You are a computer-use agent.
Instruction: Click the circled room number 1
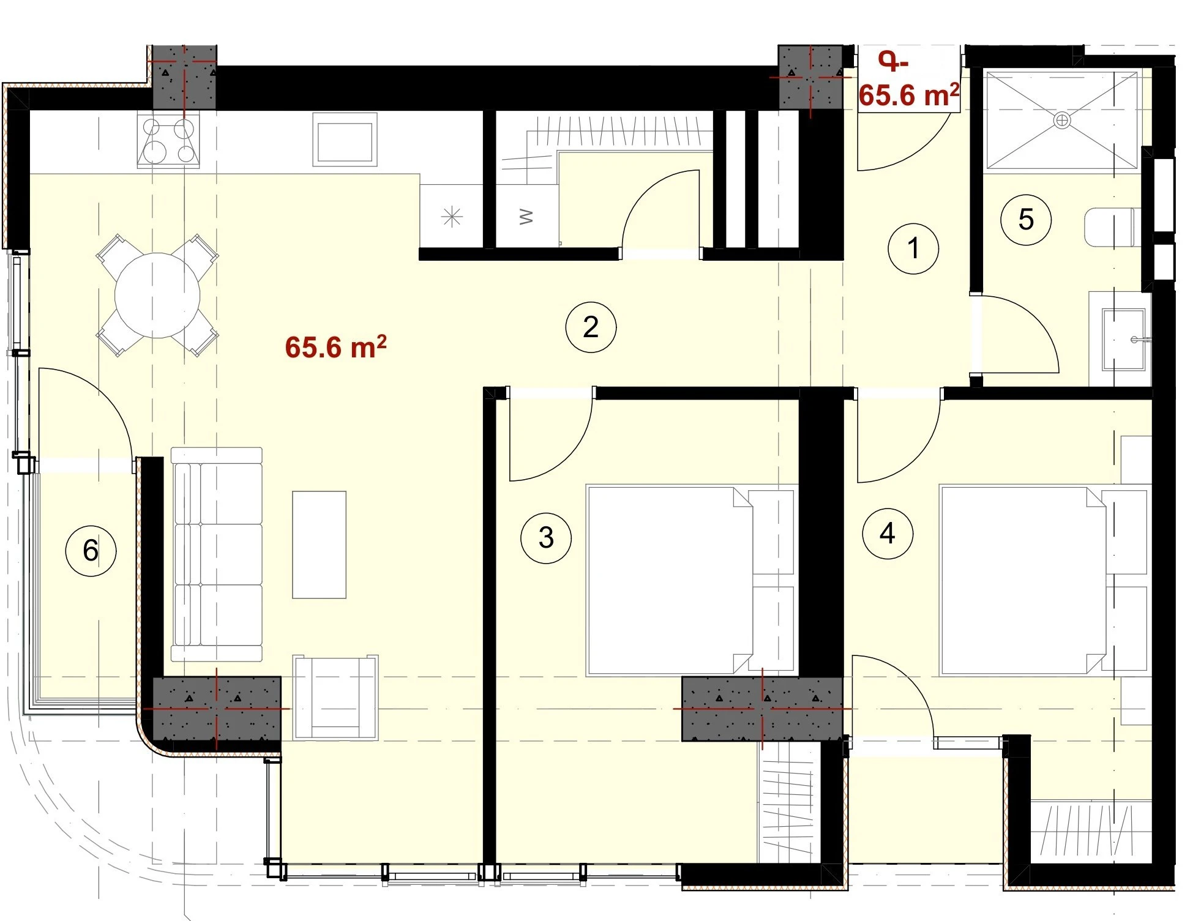(x=913, y=248)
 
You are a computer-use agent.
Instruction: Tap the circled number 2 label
(x=590, y=327)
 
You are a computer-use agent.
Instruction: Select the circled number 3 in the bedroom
(x=545, y=537)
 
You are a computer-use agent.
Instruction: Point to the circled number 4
(x=887, y=534)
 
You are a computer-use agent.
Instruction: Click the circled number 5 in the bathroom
(x=1025, y=219)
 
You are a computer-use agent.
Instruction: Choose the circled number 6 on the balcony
(x=91, y=550)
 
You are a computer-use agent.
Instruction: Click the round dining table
(x=157, y=295)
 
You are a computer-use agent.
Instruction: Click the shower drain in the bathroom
(x=1061, y=121)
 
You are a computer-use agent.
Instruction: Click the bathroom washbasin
(x=1123, y=340)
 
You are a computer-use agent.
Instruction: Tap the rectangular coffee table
(x=319, y=545)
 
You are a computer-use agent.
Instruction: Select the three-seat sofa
(x=216, y=554)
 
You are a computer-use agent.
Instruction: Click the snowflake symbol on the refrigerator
(x=452, y=216)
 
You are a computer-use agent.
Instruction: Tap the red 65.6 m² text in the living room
(x=335, y=347)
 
